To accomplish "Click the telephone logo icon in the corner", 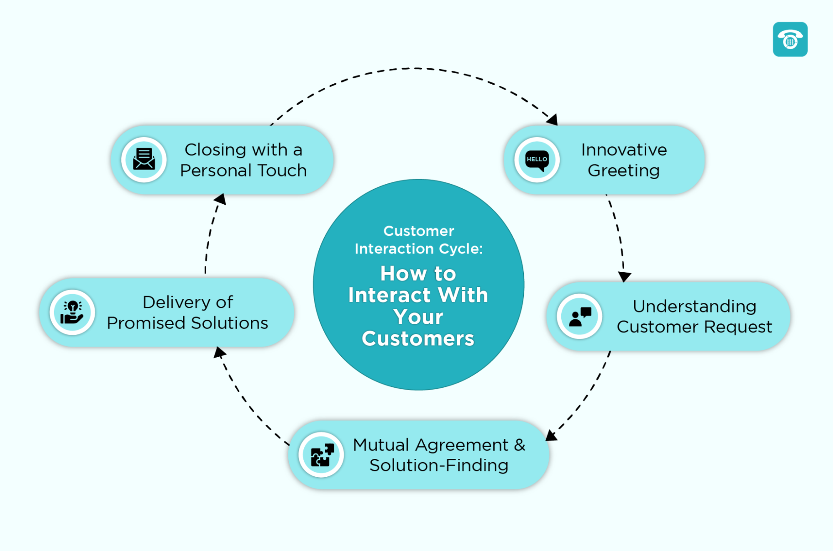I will point(790,39).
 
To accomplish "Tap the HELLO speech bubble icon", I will point(537,160).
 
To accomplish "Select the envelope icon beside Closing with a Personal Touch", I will point(144,160).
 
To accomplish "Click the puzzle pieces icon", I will point(322,455).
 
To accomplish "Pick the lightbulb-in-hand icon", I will point(72,312).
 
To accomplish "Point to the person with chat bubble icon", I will point(580,316).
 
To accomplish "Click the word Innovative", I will point(624,150).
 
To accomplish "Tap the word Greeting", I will point(623,171).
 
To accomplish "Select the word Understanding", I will point(694,306).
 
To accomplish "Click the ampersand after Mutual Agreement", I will point(519,445).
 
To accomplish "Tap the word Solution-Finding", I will point(439,466).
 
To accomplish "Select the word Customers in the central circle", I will point(418,338).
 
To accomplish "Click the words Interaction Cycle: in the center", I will point(418,249).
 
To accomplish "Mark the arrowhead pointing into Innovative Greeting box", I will point(553,120).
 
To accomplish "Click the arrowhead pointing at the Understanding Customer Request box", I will point(624,276).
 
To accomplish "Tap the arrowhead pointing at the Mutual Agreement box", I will point(551,436).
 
